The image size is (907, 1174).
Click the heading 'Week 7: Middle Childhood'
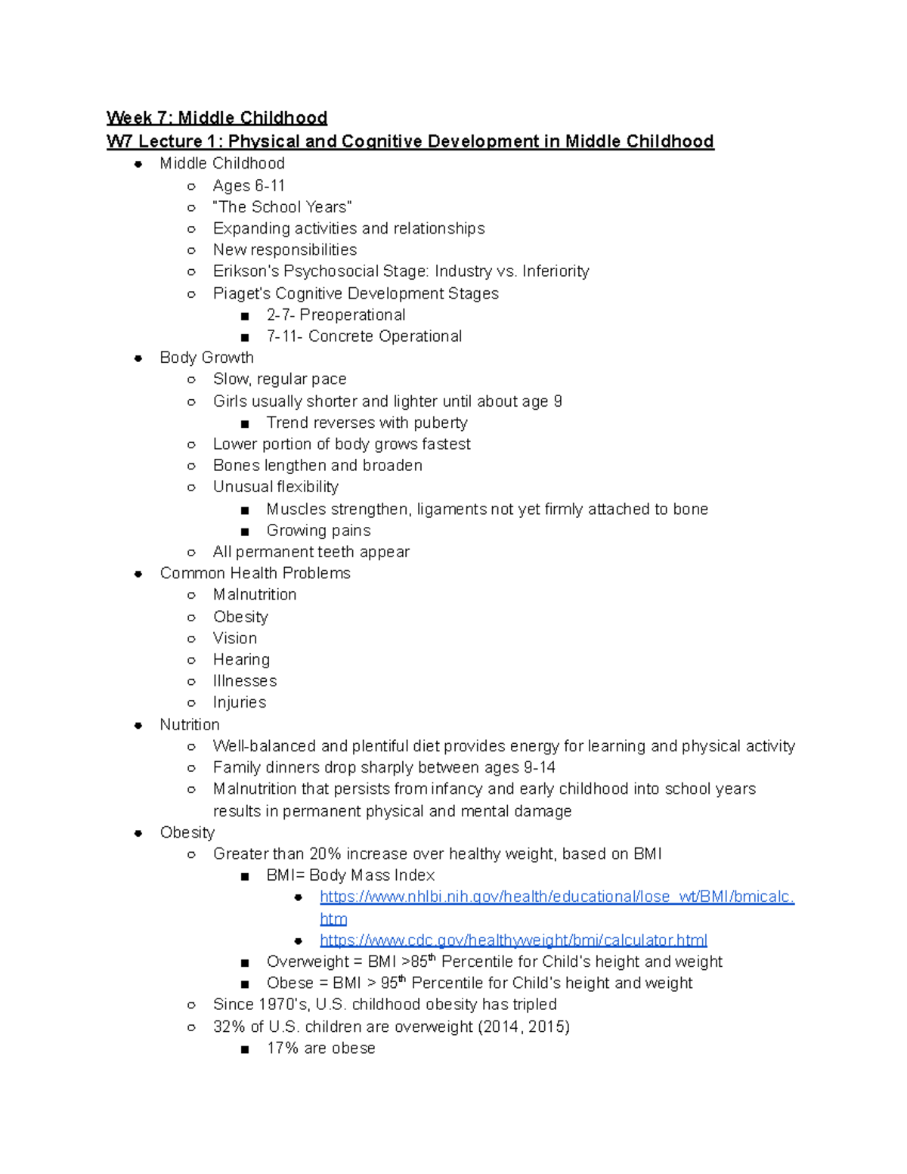click(216, 118)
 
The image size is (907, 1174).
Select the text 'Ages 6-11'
click(249, 185)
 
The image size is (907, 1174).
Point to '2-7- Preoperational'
click(336, 314)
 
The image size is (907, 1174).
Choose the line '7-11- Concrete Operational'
click(364, 336)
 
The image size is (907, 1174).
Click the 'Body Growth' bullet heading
click(206, 358)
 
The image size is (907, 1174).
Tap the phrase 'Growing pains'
click(318, 530)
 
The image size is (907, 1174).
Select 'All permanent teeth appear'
click(311, 552)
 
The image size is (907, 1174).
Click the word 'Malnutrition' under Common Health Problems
click(255, 594)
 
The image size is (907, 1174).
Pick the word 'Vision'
click(234, 638)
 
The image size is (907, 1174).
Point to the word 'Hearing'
click(241, 659)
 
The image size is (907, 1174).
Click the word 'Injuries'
click(240, 702)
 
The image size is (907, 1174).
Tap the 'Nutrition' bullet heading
click(189, 724)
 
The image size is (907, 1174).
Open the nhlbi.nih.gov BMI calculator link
click(556, 897)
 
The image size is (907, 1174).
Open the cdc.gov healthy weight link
click(513, 940)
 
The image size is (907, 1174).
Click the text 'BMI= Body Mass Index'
click(350, 875)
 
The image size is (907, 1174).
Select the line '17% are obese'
click(320, 1048)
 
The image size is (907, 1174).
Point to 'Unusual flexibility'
click(275, 487)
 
